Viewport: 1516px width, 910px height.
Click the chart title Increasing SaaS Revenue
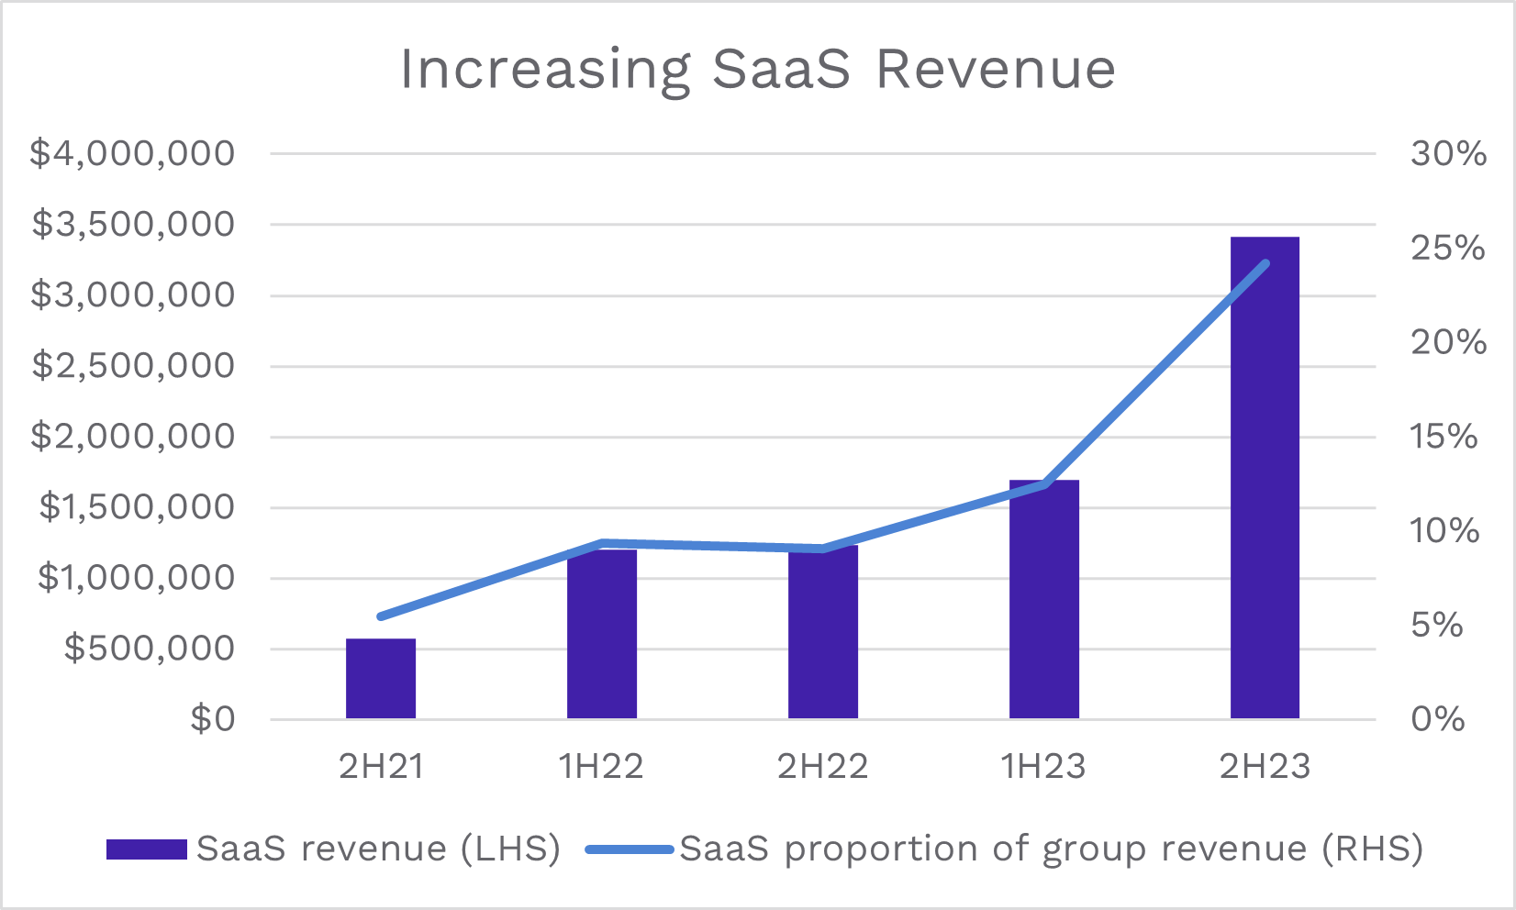[x=758, y=70]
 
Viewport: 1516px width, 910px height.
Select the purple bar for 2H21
[x=381, y=679]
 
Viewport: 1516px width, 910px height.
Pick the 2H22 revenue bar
[x=823, y=633]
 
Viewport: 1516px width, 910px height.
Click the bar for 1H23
[x=1044, y=600]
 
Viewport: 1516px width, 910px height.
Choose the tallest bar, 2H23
[x=1265, y=477]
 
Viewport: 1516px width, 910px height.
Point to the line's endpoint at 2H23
[x=1265, y=264]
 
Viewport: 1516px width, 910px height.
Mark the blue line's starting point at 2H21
[x=381, y=616]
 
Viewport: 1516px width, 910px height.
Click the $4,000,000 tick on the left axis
[x=132, y=153]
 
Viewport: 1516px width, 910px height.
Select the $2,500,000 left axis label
[x=132, y=366]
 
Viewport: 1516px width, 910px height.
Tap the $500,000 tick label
[x=150, y=649]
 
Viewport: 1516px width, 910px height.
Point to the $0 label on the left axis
[x=212, y=719]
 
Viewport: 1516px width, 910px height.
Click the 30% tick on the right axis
[x=1448, y=153]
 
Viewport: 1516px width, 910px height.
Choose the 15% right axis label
[x=1444, y=436]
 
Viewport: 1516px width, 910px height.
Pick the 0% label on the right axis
[x=1438, y=719]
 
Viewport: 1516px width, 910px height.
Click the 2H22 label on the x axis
[x=823, y=766]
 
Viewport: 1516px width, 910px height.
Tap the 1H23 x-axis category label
[x=1044, y=766]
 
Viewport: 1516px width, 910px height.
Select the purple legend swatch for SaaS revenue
[x=147, y=849]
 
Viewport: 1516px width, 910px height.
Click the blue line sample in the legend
[x=630, y=849]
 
